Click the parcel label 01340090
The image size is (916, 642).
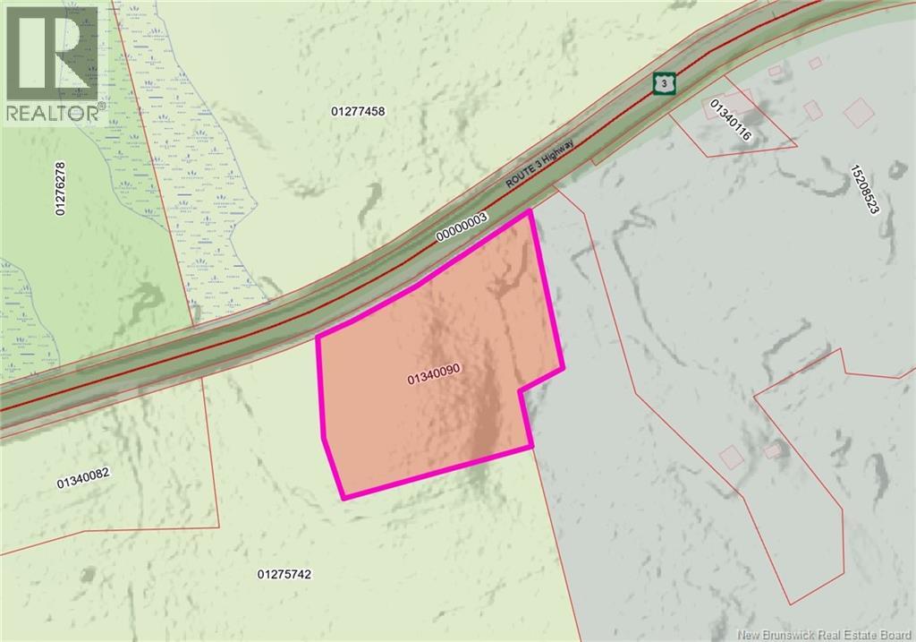pyautogui.click(x=434, y=378)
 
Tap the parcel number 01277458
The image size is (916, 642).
pyautogui.click(x=358, y=112)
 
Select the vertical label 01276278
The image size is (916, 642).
pyautogui.click(x=61, y=188)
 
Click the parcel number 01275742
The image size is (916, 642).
pyautogui.click(x=284, y=574)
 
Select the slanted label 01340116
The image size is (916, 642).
pyautogui.click(x=730, y=121)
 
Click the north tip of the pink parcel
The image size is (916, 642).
pyautogui.click(x=531, y=211)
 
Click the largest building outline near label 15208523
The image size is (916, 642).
pyautogui.click(x=858, y=111)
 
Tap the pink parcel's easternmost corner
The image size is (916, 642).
pyautogui.click(x=563, y=368)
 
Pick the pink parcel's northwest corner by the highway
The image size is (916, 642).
pyautogui.click(x=318, y=338)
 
